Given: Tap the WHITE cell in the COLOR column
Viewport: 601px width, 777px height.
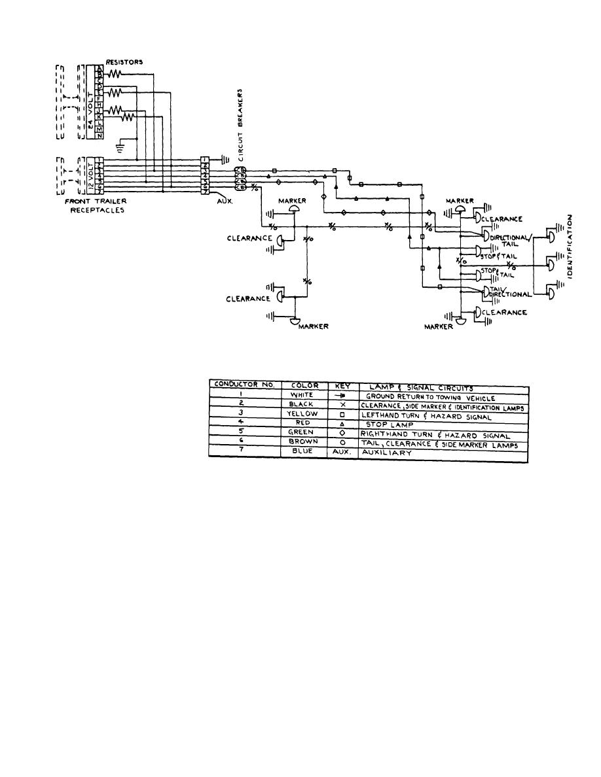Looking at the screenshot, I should [x=304, y=396].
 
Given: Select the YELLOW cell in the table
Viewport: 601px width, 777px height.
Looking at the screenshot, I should [x=304, y=413].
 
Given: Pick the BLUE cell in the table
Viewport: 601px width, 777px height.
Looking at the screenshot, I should [x=304, y=451].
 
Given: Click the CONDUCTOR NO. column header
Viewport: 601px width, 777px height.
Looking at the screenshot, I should [x=244, y=385].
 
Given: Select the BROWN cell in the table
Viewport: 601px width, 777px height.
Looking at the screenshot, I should [x=304, y=441].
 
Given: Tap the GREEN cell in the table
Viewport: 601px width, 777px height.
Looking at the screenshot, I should [x=304, y=432].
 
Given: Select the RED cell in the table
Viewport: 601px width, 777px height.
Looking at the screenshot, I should [x=304, y=423].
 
